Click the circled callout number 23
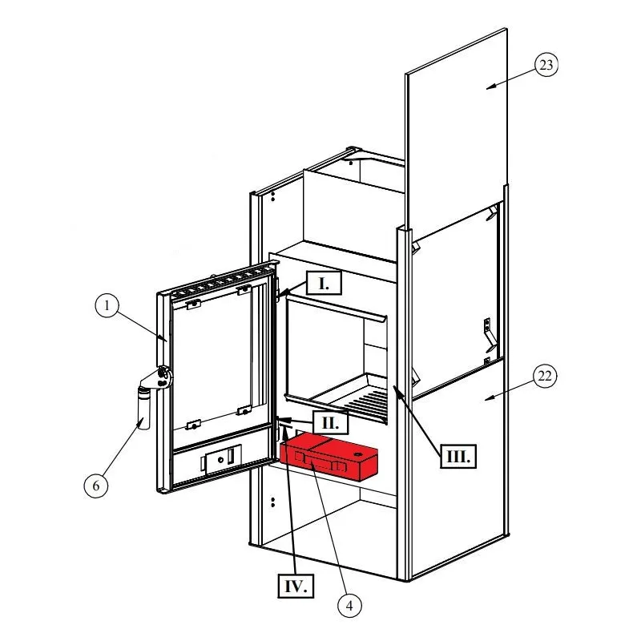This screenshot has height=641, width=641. click(x=546, y=65)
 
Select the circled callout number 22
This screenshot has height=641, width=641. click(x=545, y=376)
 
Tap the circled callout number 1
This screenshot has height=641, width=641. click(x=107, y=305)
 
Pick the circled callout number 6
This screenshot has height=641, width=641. click(x=96, y=486)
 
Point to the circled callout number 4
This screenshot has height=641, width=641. click(x=350, y=606)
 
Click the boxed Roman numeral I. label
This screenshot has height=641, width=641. click(x=324, y=283)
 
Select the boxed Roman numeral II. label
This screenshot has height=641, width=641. click(x=330, y=423)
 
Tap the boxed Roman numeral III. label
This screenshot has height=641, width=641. click(x=458, y=455)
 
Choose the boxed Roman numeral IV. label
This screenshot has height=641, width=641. click(x=296, y=587)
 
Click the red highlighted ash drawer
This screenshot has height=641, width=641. click(x=329, y=457)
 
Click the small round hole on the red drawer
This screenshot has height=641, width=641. click(x=359, y=454)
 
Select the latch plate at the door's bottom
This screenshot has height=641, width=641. click(x=221, y=460)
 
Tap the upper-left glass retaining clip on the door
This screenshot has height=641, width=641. click(x=193, y=304)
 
